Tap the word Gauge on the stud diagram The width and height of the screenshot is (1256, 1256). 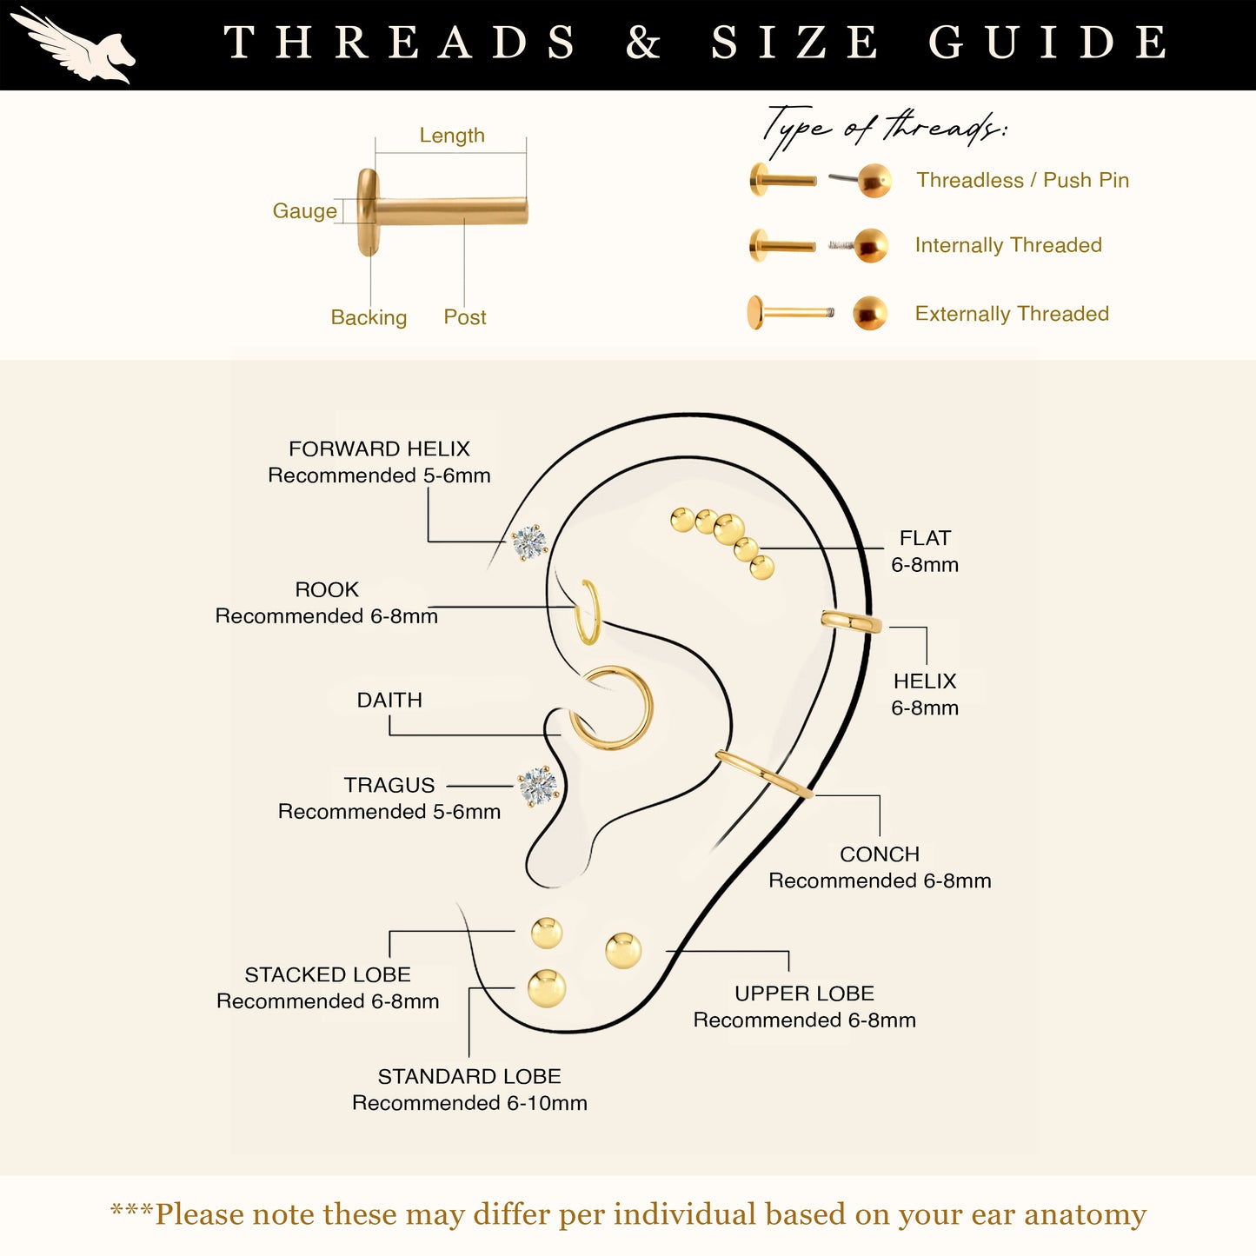coord(304,210)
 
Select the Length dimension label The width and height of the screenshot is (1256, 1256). coord(452,135)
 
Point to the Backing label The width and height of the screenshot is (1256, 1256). coord(369,316)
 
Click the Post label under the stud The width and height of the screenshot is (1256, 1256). coord(465,316)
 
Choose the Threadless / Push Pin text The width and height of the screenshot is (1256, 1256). coord(1023,180)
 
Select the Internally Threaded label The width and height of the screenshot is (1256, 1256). coord(1008,245)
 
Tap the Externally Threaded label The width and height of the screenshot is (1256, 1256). coord(1012,314)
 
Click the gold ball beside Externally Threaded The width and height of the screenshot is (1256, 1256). coord(870,313)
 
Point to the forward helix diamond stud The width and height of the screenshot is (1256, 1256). coord(529,542)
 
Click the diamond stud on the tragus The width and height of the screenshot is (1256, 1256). coord(538,786)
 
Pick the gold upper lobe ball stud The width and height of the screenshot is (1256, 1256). coord(623,951)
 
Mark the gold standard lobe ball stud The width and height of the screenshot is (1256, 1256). coord(546,989)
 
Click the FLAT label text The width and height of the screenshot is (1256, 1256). coord(925,538)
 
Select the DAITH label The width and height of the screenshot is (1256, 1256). coord(389,700)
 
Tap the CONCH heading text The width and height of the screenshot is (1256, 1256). coord(880,854)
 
